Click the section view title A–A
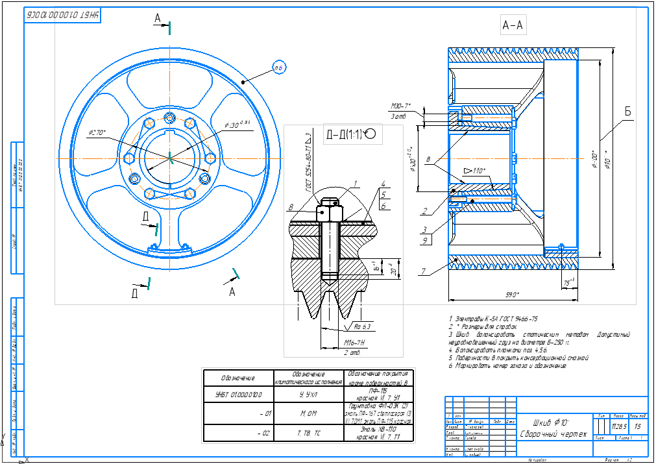[513, 25]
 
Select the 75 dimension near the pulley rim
[568, 282]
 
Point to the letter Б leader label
[627, 112]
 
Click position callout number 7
[422, 271]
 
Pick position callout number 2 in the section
[424, 211]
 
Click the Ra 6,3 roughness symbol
[361, 326]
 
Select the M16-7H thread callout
[351, 342]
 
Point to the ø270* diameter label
[97, 132]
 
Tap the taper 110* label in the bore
[476, 171]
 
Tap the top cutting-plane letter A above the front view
[158, 19]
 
